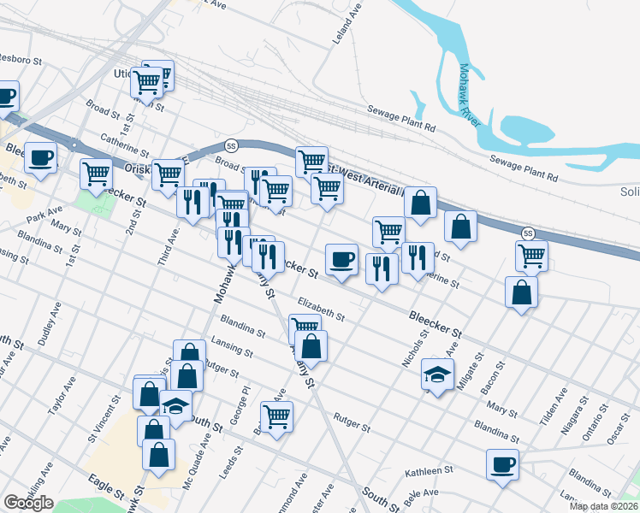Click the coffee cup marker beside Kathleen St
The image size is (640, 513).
pos(502,464)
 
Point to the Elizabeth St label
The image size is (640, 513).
pos(322,309)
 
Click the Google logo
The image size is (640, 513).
pos(28,503)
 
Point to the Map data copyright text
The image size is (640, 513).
pos(602,506)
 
